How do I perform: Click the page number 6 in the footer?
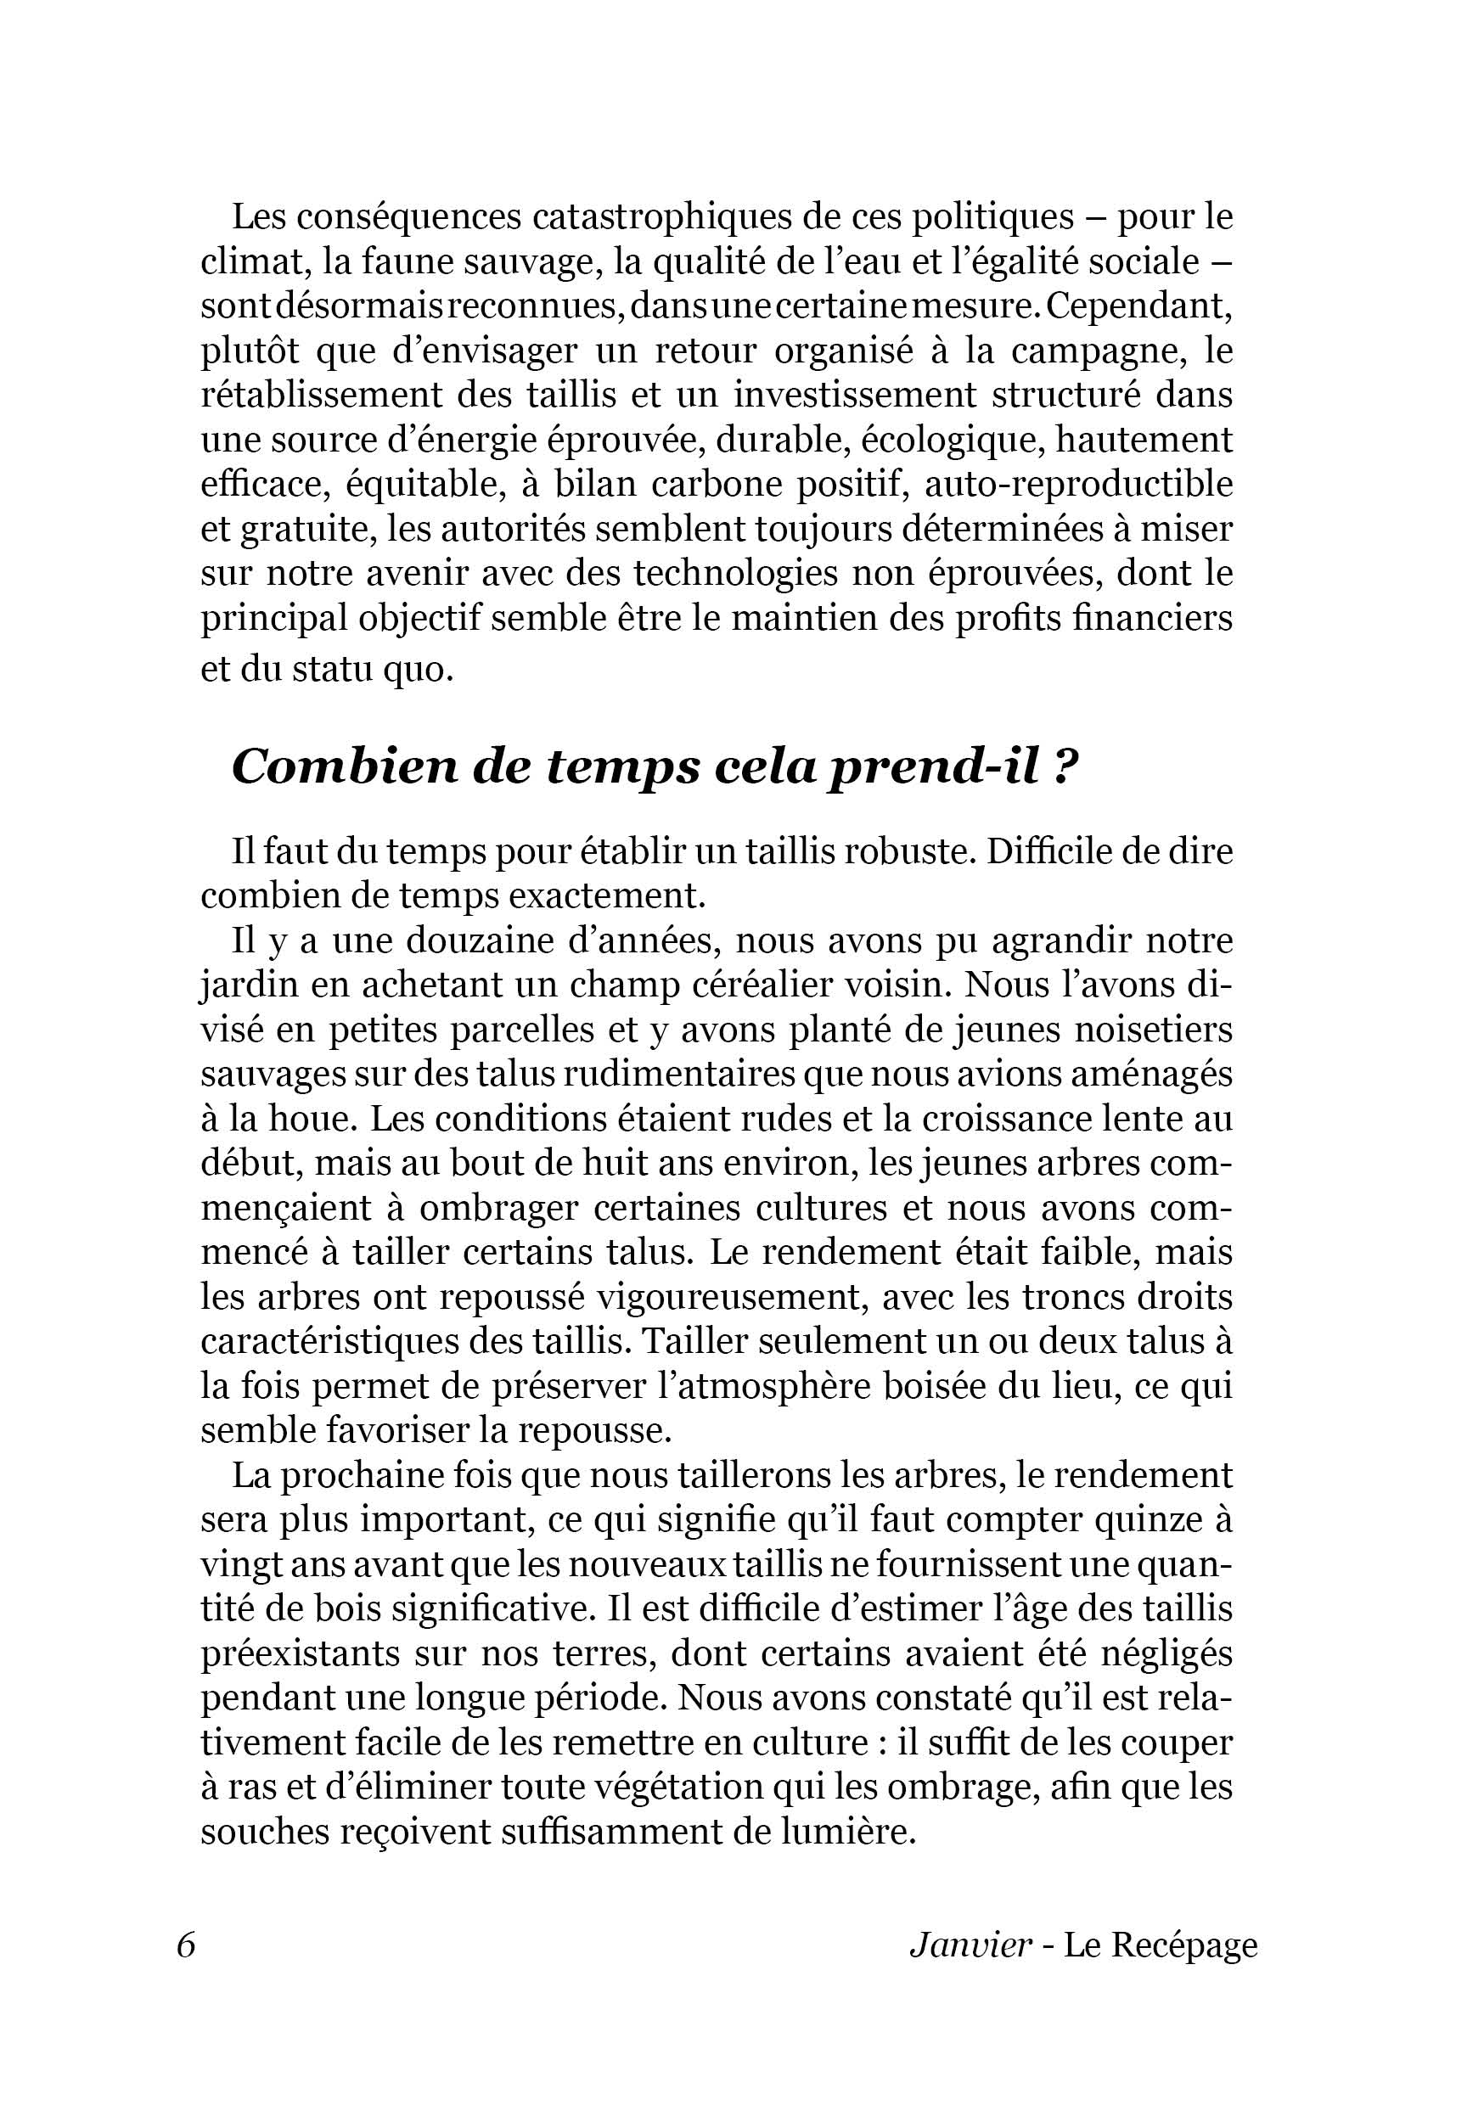186,1945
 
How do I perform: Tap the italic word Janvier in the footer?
970,1945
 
